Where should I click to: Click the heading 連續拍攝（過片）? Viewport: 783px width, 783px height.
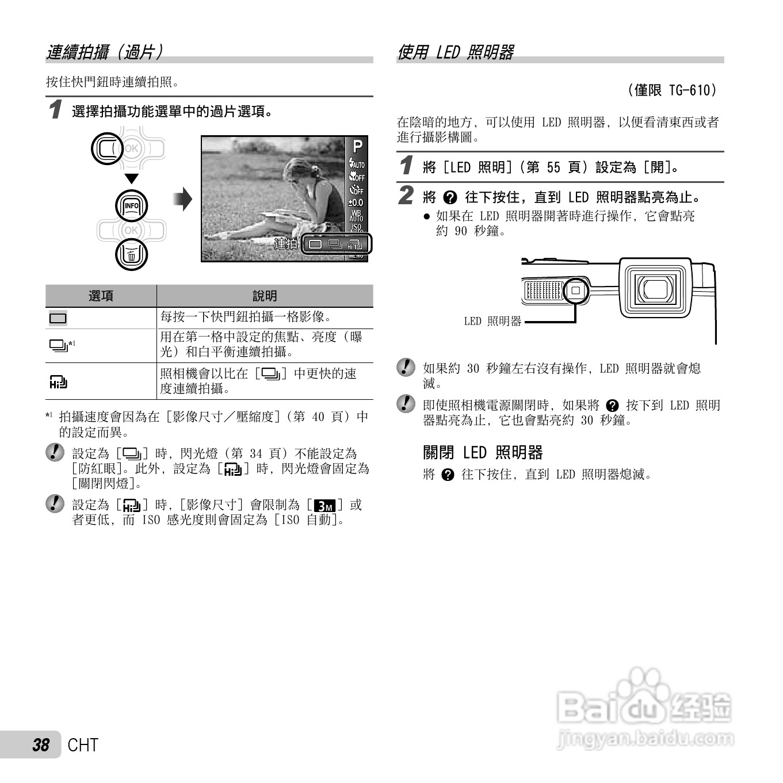[x=105, y=52]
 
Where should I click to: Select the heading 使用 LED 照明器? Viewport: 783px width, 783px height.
[x=455, y=52]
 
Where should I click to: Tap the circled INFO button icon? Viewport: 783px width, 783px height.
[x=132, y=206]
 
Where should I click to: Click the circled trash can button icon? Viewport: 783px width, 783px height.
[x=132, y=255]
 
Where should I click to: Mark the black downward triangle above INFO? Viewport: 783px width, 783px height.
[x=132, y=178]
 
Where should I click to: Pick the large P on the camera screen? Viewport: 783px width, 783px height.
[x=357, y=147]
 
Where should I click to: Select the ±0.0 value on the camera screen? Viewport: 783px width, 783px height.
[x=356, y=203]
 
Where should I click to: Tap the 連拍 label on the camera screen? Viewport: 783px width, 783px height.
[x=286, y=243]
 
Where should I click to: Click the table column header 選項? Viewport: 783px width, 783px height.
[x=101, y=296]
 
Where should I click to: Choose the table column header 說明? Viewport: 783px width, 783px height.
[x=265, y=296]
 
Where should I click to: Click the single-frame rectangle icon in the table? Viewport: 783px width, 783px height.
[x=58, y=318]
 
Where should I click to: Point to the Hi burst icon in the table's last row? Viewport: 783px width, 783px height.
[x=58, y=382]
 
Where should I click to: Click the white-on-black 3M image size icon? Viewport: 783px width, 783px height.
[x=325, y=506]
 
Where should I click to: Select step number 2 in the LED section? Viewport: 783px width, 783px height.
[x=406, y=196]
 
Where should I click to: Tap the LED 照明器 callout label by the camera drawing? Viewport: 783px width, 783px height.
[x=492, y=321]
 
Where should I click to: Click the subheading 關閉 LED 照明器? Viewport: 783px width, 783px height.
[x=483, y=453]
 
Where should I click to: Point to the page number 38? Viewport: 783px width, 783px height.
[x=41, y=745]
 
